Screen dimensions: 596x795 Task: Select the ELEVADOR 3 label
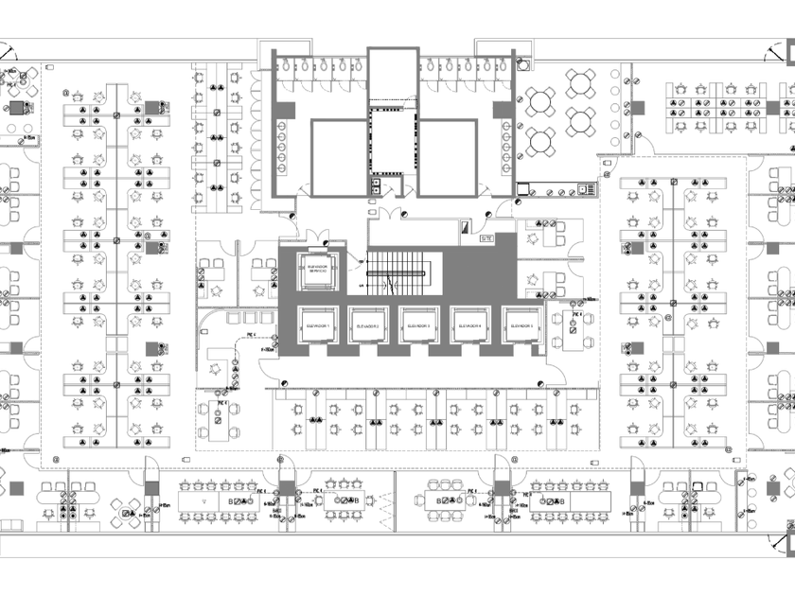(x=419, y=325)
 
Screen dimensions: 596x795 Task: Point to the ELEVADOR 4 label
(x=470, y=325)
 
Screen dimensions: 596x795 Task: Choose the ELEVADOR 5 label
(x=521, y=325)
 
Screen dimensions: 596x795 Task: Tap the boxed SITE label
(x=486, y=238)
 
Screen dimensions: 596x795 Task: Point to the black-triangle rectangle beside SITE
(x=466, y=227)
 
